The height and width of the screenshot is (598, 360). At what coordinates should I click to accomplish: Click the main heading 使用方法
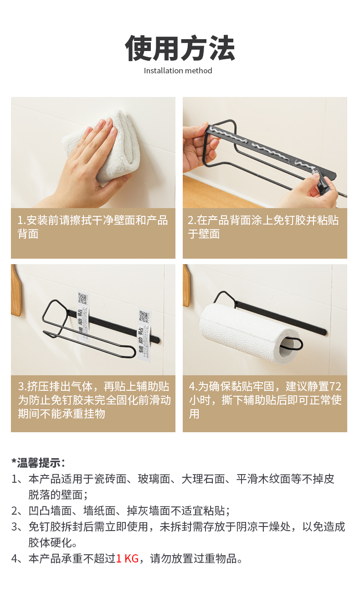(180, 48)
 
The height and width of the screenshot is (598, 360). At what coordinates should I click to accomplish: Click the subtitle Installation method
(178, 71)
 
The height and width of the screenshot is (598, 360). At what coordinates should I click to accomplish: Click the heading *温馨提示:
(38, 463)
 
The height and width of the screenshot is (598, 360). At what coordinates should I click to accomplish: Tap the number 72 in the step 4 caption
(335, 386)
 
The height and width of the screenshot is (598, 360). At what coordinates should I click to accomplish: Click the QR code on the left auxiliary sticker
(83, 299)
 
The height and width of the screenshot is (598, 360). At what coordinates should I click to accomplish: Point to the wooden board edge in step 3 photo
(16, 291)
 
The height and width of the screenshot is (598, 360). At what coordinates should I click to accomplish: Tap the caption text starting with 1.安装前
(93, 227)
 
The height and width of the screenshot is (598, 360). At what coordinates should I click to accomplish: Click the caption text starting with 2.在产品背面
(263, 227)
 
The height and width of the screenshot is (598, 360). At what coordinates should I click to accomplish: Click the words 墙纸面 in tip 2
(99, 511)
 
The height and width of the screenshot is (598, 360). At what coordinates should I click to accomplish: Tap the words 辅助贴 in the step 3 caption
(153, 386)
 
